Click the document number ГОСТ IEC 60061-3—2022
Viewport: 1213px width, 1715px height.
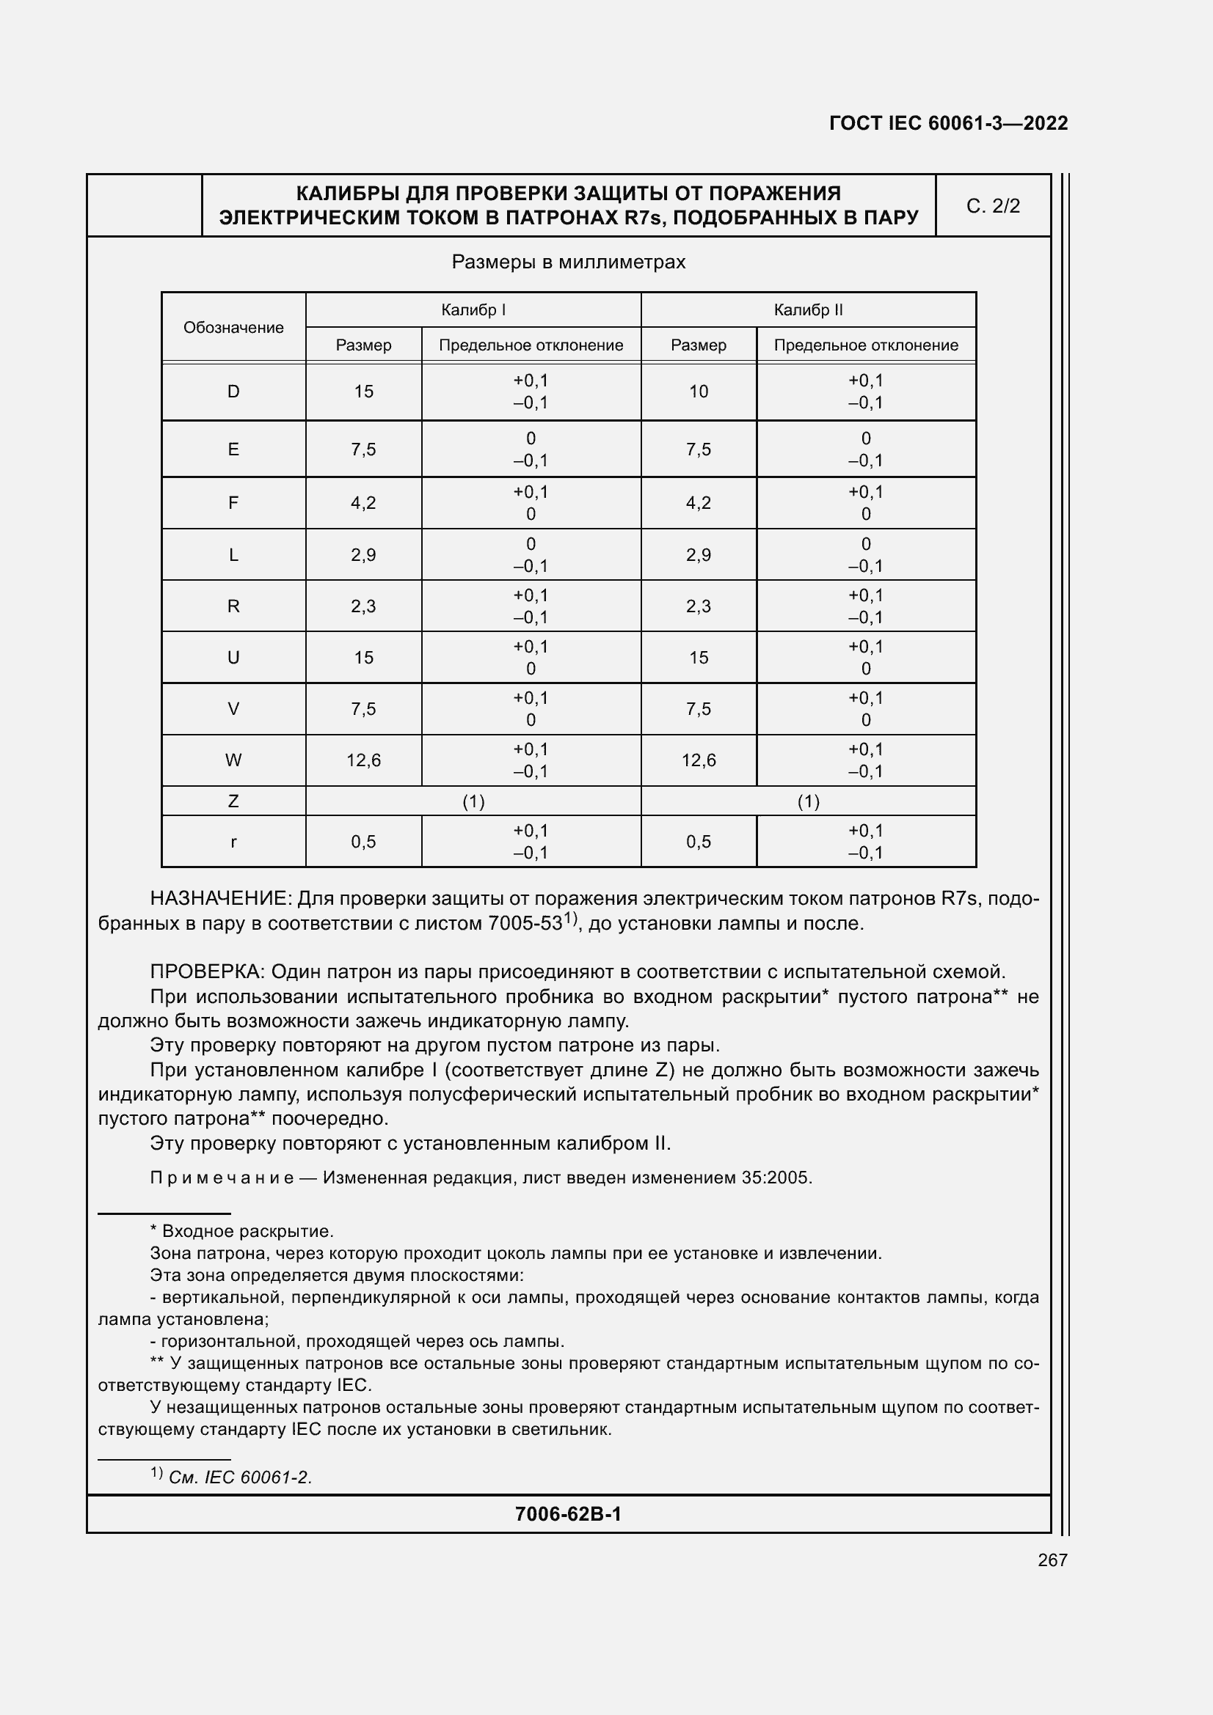(947, 123)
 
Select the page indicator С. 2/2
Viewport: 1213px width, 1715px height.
(993, 206)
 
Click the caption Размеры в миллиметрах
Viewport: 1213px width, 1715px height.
(568, 262)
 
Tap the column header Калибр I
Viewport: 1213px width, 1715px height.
(473, 310)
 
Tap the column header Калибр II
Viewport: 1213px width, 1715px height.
(808, 310)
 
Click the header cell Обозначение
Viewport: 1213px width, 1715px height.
(233, 327)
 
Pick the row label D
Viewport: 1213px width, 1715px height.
(233, 392)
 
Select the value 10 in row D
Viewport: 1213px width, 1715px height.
(698, 392)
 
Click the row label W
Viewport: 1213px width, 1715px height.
(233, 760)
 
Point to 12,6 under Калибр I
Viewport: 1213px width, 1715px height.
(363, 760)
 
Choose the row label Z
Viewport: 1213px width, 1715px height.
(233, 801)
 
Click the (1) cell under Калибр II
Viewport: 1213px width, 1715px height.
(808, 801)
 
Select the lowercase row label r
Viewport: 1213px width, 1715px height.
(233, 842)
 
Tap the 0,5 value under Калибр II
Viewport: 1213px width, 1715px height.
(698, 842)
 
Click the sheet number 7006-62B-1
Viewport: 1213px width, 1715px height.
(568, 1514)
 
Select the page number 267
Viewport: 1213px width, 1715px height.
(1052, 1560)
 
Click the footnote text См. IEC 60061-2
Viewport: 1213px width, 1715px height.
(240, 1477)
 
